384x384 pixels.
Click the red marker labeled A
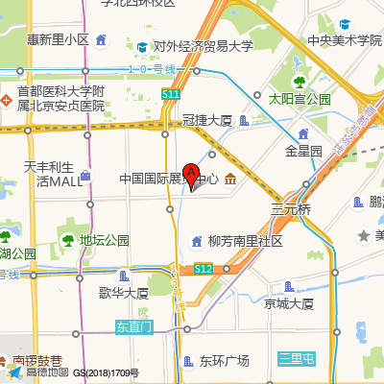[x=191, y=176]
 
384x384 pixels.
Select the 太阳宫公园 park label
[x=299, y=99]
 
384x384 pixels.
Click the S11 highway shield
[x=171, y=94]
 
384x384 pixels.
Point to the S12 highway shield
[x=203, y=270]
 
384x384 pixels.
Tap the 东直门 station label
[x=133, y=326]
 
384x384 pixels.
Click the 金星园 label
[x=303, y=151]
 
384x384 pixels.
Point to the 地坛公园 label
[x=105, y=240]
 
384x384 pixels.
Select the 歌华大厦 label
[x=123, y=293]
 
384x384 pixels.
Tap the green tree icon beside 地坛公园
[x=67, y=239]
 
